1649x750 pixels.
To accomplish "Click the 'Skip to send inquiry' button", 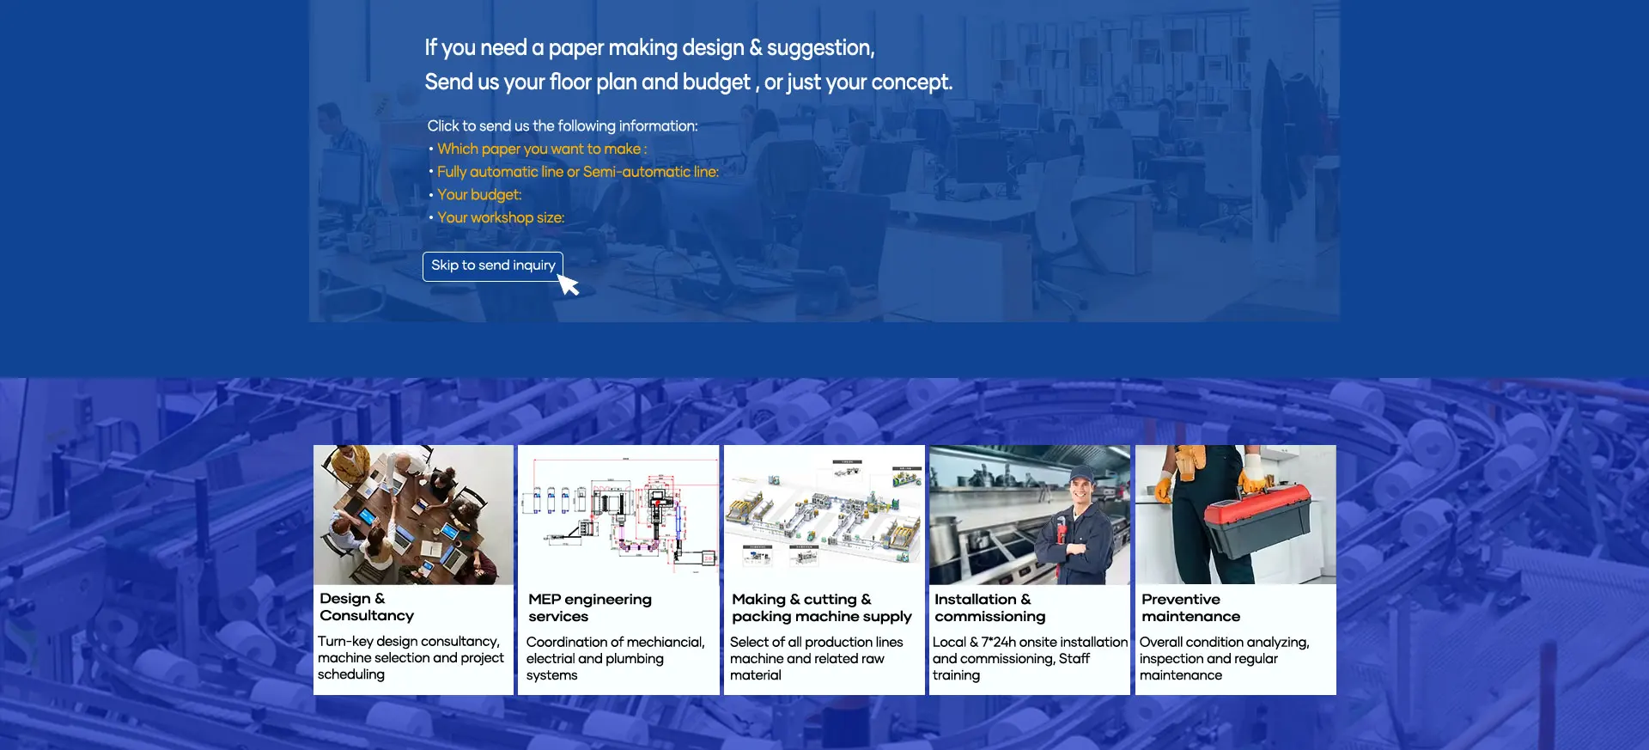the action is click(493, 266).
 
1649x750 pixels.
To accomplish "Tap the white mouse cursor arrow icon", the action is click(568, 284).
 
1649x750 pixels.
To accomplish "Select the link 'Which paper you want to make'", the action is click(542, 149).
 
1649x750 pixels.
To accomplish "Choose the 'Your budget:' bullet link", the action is click(479, 195).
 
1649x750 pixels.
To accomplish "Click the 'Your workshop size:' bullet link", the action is click(501, 218).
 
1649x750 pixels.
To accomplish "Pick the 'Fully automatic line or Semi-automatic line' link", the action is click(578, 172).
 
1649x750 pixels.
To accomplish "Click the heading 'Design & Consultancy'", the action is click(367, 607).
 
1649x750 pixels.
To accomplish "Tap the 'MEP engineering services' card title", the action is click(590, 607).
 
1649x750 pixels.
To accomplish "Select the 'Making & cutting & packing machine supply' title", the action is click(822, 607).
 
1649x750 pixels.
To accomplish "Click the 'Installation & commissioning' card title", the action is click(989, 607).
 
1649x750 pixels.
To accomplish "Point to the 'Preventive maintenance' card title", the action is click(1190, 607).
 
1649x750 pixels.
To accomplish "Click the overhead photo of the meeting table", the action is click(413, 515).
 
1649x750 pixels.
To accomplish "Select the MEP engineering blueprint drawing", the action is click(618, 515).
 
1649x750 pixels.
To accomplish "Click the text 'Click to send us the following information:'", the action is click(563, 126).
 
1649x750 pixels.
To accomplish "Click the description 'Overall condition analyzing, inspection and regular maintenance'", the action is click(1224, 658).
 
